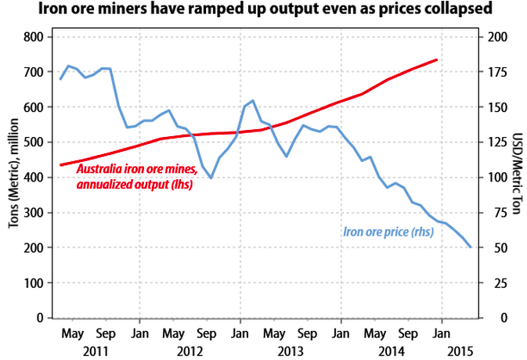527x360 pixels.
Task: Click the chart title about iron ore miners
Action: click(x=263, y=10)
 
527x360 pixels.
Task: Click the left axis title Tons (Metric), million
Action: click(x=13, y=178)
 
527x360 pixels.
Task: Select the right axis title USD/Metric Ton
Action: click(x=515, y=178)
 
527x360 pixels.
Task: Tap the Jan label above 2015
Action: click(x=442, y=333)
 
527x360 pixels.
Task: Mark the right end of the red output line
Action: click(x=437, y=59)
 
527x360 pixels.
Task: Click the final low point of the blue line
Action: click(x=471, y=247)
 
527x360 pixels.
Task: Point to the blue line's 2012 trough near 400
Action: click(x=211, y=178)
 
